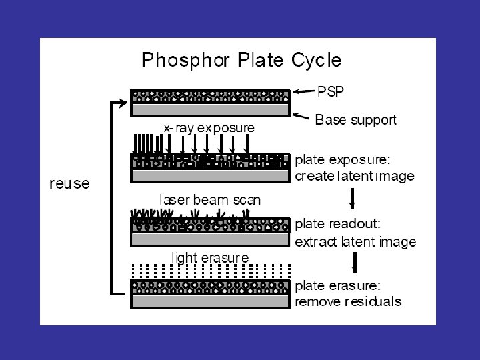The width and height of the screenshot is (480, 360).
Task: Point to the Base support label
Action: (x=355, y=120)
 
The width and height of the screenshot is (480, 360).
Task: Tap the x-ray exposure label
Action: (x=209, y=127)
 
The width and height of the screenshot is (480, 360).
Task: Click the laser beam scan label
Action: (x=209, y=199)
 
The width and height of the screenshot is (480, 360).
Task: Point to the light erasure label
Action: (x=211, y=257)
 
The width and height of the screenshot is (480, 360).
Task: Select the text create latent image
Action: (x=354, y=177)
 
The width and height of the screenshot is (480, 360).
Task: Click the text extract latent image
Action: (x=355, y=241)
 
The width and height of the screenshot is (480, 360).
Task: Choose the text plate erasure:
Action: (x=338, y=285)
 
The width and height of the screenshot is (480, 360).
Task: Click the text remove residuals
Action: (x=348, y=301)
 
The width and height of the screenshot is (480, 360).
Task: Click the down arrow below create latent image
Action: (x=353, y=199)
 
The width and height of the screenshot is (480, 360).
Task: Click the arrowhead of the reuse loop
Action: (x=122, y=103)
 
